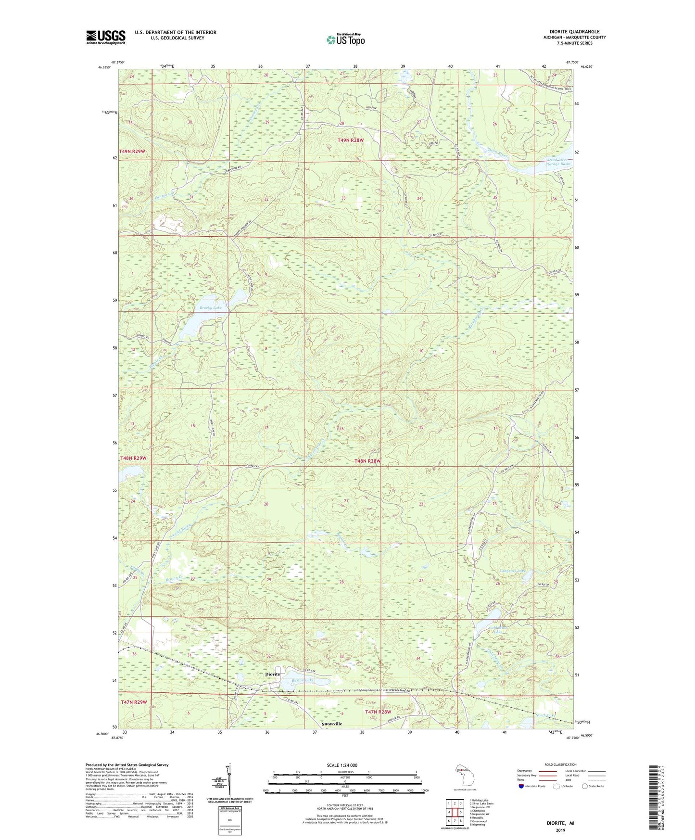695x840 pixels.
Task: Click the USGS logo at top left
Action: [x=106, y=37]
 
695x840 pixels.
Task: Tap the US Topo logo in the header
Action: [x=345, y=39]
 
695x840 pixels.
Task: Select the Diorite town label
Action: [x=273, y=674]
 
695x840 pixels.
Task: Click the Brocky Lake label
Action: [x=211, y=307]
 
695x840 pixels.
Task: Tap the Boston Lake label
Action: [x=303, y=680]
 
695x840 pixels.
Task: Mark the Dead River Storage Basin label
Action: [x=552, y=162]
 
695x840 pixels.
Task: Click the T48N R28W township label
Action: [x=367, y=461]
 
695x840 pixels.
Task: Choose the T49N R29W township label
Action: [x=132, y=151]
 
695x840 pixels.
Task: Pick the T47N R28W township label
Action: [x=378, y=712]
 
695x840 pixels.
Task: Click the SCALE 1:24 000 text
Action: [x=342, y=765]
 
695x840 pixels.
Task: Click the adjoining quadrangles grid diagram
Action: [x=455, y=808]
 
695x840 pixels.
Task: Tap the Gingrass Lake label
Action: [x=517, y=571]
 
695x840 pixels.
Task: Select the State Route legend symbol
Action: [x=585, y=786]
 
